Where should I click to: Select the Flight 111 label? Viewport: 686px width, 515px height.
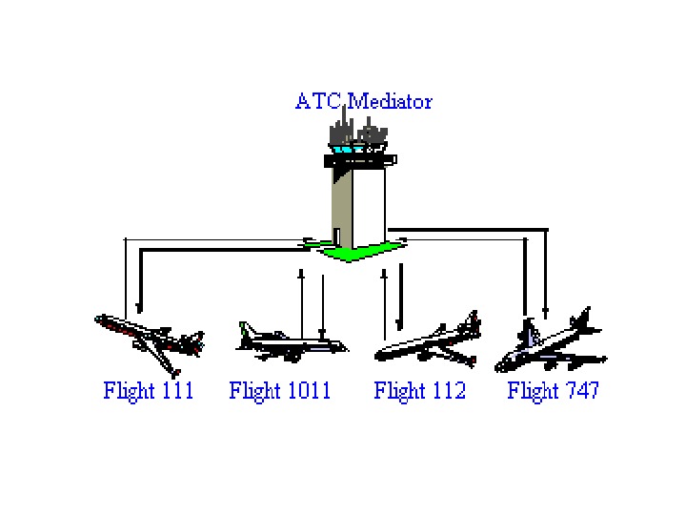click(x=149, y=390)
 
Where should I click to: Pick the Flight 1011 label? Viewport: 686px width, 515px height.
click(x=280, y=390)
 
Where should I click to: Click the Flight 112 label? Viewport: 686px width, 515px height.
click(x=420, y=390)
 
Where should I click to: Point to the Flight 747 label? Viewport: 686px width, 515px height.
click(x=554, y=390)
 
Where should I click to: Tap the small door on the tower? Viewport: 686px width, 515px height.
click(x=336, y=236)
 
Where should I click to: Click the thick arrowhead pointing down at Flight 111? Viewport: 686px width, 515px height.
click(x=140, y=307)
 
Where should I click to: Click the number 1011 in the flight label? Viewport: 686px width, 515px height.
click(x=306, y=390)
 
